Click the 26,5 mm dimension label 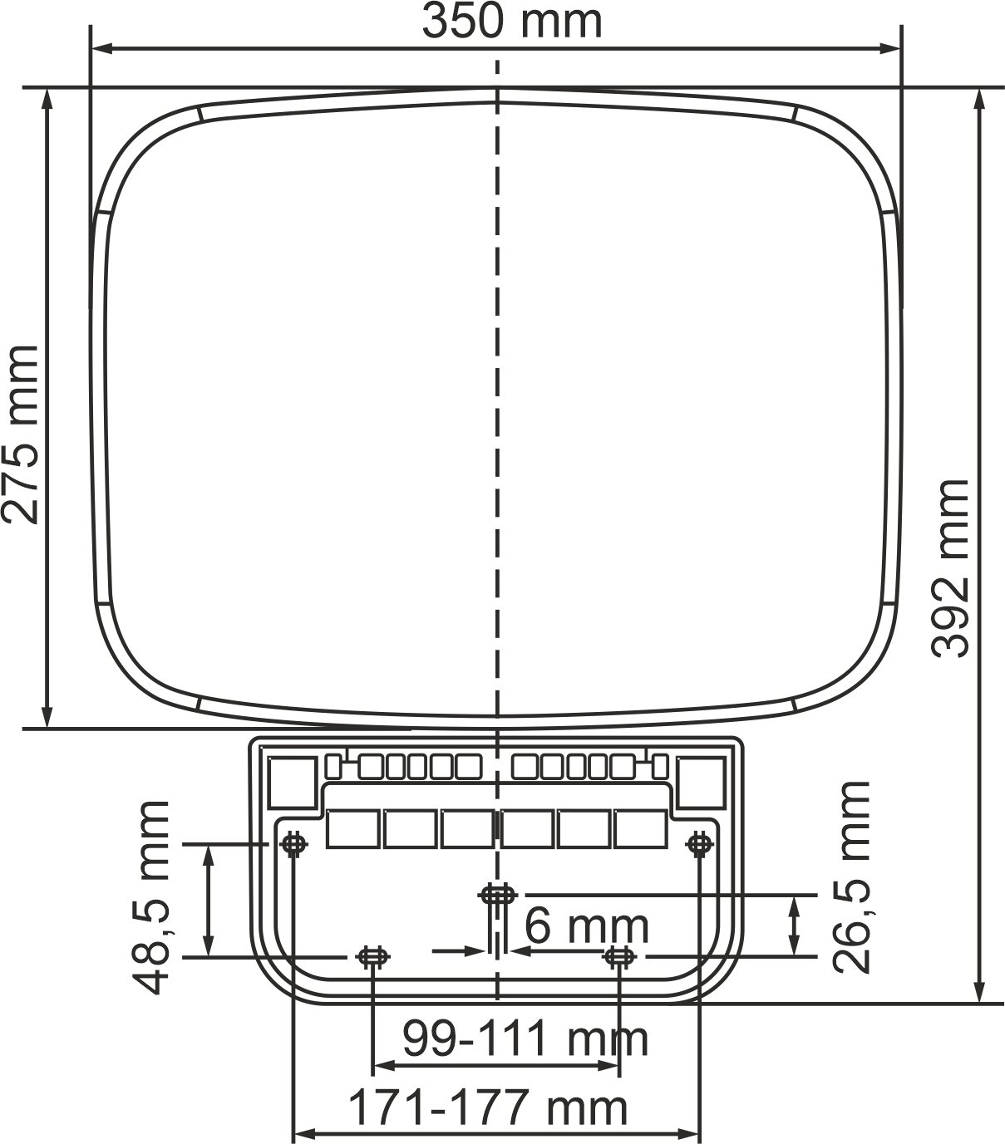pyautogui.click(x=850, y=877)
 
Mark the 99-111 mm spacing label pyautogui.click(x=525, y=1038)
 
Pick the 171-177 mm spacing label pyautogui.click(x=487, y=1107)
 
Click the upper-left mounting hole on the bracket pyautogui.click(x=293, y=844)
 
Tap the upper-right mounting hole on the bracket pyautogui.click(x=698, y=844)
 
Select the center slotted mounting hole pyautogui.click(x=497, y=895)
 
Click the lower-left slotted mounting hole pyautogui.click(x=372, y=957)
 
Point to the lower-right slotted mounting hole pyautogui.click(x=619, y=957)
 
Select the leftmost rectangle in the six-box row pyautogui.click(x=353, y=829)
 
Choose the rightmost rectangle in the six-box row pyautogui.click(x=641, y=829)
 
